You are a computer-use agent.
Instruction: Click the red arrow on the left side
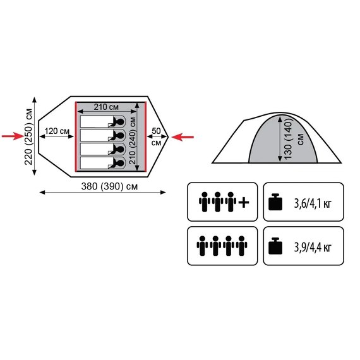(x=13, y=136)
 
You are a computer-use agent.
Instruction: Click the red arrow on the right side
(x=183, y=137)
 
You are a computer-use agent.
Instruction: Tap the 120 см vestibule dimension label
(x=57, y=131)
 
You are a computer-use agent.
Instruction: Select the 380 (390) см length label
(x=109, y=186)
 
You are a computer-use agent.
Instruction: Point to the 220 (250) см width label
(x=29, y=136)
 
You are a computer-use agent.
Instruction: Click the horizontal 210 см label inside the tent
(x=106, y=107)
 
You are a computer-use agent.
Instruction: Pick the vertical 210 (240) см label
(x=133, y=140)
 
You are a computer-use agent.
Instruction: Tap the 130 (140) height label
(x=287, y=140)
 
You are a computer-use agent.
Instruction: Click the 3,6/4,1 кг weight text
(x=313, y=203)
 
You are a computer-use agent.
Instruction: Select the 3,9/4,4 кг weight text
(x=313, y=248)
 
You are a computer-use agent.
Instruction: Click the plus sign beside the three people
(x=244, y=202)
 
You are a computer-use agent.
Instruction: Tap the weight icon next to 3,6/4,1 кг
(x=275, y=202)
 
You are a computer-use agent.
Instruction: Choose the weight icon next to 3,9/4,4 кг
(x=275, y=246)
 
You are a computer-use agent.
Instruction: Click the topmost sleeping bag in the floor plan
(x=102, y=121)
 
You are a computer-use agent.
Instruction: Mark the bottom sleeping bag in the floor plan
(x=102, y=163)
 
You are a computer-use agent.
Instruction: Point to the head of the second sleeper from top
(x=120, y=135)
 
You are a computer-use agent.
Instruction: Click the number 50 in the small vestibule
(x=156, y=131)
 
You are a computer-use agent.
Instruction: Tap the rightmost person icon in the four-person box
(x=241, y=246)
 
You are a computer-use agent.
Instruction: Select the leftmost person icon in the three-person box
(x=205, y=202)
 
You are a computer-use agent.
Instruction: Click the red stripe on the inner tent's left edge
(x=76, y=137)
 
